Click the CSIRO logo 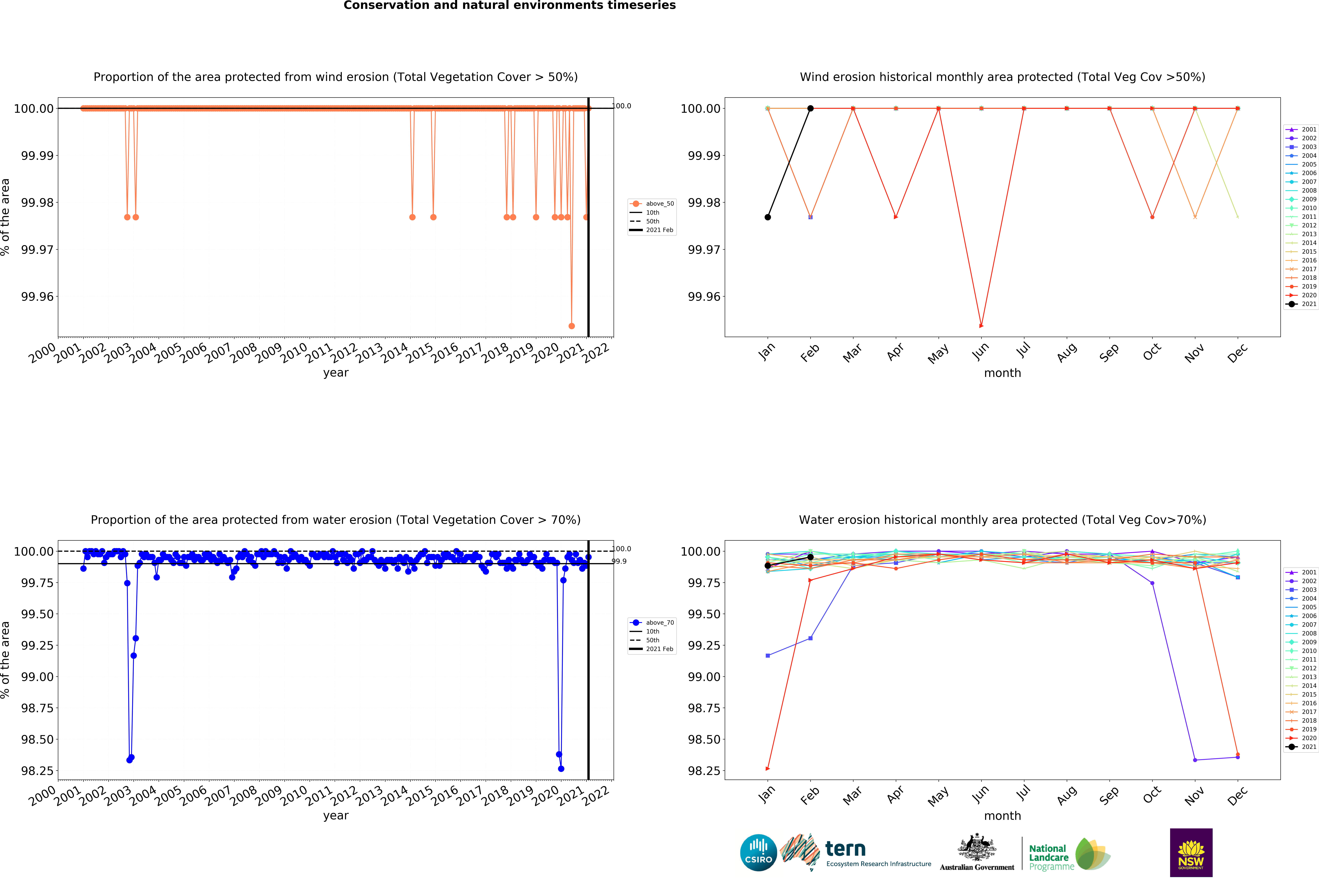click(x=758, y=852)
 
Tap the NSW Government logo click(x=1191, y=852)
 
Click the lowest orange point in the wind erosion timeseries click(x=572, y=326)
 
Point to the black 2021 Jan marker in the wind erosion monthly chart click(x=768, y=217)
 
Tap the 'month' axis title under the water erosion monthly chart click(x=1002, y=816)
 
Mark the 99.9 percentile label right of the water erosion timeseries click(x=620, y=561)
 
